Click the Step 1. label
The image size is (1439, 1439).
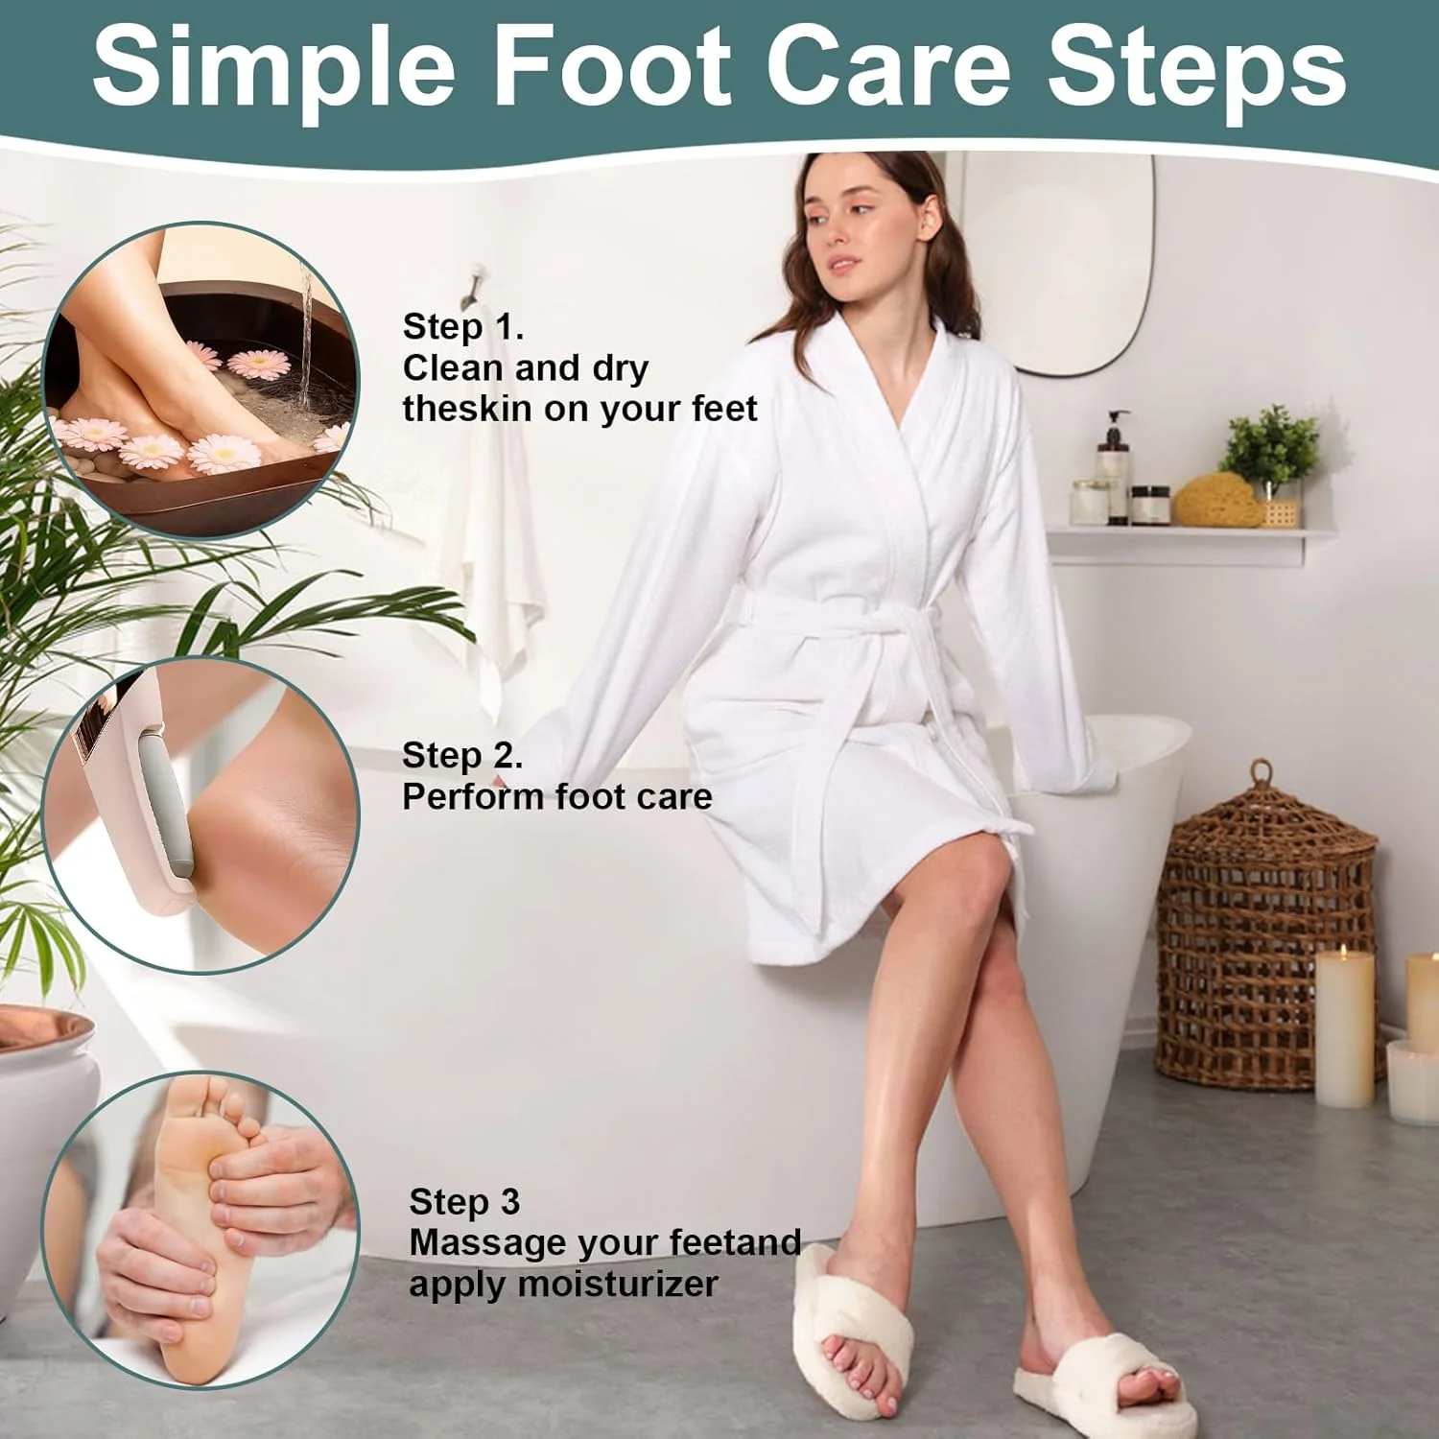463,327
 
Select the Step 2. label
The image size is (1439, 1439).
462,756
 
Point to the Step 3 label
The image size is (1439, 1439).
464,1201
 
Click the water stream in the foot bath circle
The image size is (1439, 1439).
306,331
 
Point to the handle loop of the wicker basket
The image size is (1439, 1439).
1262,771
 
